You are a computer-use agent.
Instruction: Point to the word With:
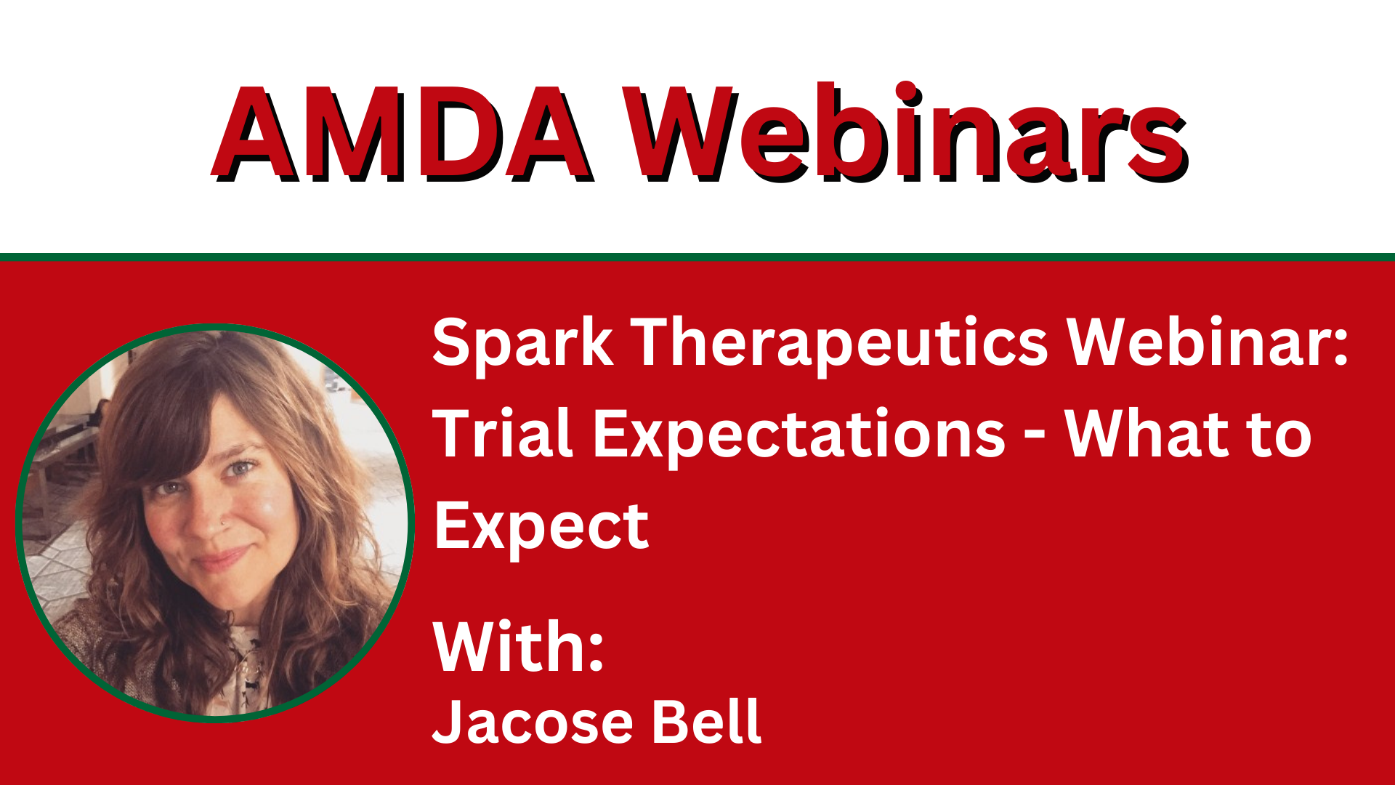(519, 646)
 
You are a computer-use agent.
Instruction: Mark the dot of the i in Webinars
(906, 92)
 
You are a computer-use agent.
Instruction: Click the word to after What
(1279, 435)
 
